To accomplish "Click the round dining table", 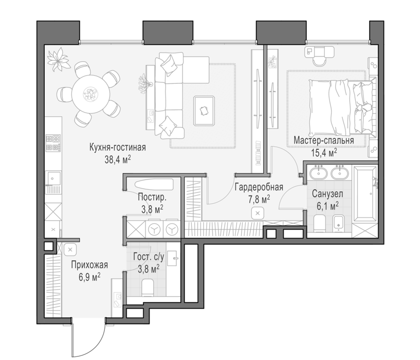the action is [x=91, y=94].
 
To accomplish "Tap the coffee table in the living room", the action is [x=205, y=111].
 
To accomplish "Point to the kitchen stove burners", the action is [x=53, y=143].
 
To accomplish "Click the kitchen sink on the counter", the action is [x=54, y=178].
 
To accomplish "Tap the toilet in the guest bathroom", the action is [x=147, y=287].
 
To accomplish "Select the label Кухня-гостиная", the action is [x=118, y=148].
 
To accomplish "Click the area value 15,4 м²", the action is [x=324, y=153].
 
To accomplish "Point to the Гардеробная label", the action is [x=259, y=187].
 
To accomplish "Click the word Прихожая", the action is [x=89, y=265].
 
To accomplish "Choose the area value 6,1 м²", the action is [x=327, y=206].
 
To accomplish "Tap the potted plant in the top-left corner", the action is [x=58, y=59].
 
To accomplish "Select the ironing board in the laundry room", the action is [x=154, y=184].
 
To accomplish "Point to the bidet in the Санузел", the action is [x=339, y=223].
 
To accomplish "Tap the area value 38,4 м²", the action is [x=118, y=160].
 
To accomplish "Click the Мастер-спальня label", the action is [x=323, y=140].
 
